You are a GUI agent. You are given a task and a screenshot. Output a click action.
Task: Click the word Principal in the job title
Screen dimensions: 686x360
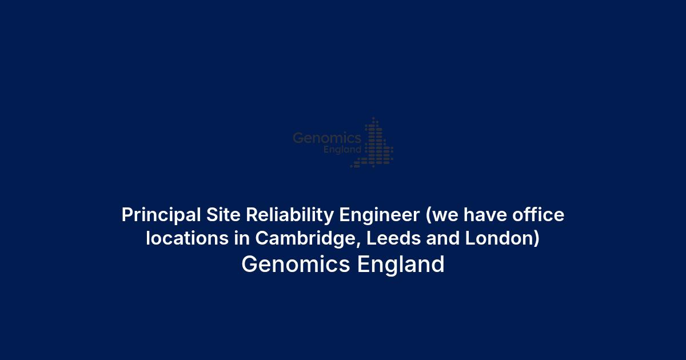(x=161, y=215)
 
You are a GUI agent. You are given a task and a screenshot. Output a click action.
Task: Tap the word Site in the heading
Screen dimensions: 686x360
(x=224, y=215)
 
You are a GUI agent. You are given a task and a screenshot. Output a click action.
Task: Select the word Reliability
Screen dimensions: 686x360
(x=290, y=215)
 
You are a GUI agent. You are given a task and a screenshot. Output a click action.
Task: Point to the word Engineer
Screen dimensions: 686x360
(x=379, y=215)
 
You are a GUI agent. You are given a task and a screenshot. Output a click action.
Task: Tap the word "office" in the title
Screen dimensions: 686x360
(x=539, y=214)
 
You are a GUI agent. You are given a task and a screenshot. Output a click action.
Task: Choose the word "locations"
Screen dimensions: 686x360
(x=187, y=238)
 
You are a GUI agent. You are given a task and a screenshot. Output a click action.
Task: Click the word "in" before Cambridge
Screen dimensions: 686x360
(x=242, y=238)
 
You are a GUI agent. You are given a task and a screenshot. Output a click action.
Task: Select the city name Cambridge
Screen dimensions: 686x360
(x=307, y=239)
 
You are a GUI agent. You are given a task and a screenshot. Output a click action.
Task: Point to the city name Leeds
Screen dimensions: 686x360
(x=393, y=238)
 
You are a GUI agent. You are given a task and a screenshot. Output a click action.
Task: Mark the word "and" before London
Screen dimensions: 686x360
(x=443, y=238)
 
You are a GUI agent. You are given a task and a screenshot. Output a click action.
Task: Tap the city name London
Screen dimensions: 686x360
(x=499, y=238)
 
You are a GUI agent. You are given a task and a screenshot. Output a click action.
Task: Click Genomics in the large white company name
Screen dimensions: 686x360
(x=296, y=264)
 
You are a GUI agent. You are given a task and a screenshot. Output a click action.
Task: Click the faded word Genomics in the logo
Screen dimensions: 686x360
(x=327, y=138)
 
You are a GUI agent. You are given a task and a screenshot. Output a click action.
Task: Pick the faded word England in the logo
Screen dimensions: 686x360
(x=342, y=150)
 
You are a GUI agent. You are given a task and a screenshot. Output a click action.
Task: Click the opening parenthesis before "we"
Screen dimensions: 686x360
(x=428, y=216)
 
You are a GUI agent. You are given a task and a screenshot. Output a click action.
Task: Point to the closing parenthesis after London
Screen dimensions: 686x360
(x=537, y=239)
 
